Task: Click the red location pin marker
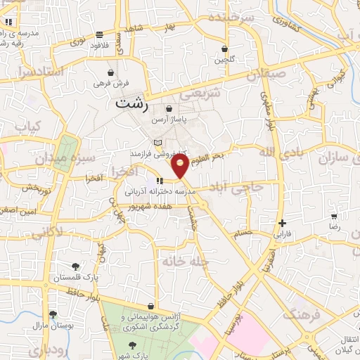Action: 181,167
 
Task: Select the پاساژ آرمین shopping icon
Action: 169,109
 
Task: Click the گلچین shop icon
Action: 224,49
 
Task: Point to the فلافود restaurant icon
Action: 100,34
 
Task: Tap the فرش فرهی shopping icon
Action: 110,72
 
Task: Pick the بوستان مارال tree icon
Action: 53,315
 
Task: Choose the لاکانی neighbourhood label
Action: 49,229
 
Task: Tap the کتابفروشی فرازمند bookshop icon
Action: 157,143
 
